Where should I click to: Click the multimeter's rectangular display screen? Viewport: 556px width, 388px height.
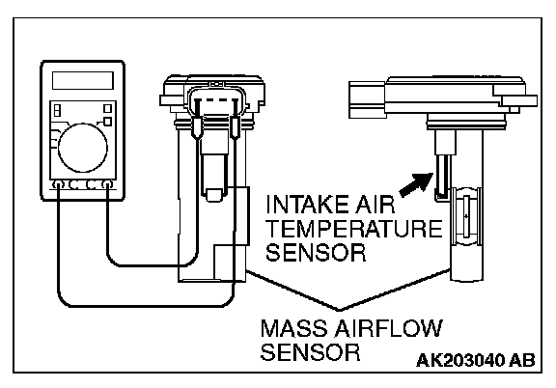click(x=83, y=80)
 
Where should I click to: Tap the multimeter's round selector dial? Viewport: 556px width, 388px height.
click(x=83, y=148)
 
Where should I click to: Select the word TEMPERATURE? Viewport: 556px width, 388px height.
click(x=354, y=229)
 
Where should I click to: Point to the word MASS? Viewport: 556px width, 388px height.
click(x=295, y=328)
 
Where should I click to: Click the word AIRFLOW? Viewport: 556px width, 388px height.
click(x=389, y=328)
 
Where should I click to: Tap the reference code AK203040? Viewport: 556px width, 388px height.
click(x=460, y=360)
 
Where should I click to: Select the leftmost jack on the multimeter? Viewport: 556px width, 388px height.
click(x=58, y=184)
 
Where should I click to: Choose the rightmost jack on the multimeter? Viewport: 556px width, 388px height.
click(x=107, y=184)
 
